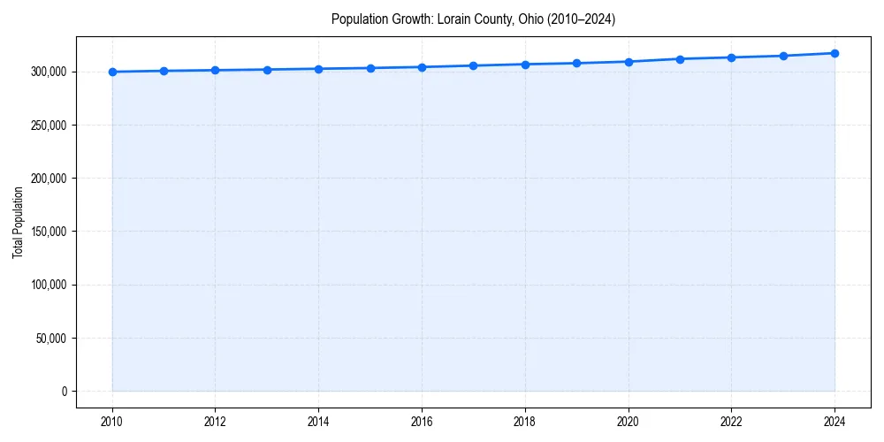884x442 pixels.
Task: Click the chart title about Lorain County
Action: [473, 19]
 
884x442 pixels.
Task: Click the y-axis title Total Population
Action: [18, 222]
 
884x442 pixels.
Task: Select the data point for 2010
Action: [112, 72]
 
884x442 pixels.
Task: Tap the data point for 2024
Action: [834, 53]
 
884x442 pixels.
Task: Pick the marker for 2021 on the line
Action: [680, 59]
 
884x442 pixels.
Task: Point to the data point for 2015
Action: [370, 68]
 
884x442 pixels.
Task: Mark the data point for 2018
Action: [525, 65]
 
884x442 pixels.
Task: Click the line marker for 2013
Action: [267, 70]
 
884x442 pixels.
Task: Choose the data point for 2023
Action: [783, 56]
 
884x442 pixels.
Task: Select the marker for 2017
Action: [473, 65]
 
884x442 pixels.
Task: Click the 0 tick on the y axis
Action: [63, 391]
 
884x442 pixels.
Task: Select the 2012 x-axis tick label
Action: [215, 422]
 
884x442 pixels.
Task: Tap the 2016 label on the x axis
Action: [422, 422]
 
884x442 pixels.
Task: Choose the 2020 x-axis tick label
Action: [629, 422]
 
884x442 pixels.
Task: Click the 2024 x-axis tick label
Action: [834, 422]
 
